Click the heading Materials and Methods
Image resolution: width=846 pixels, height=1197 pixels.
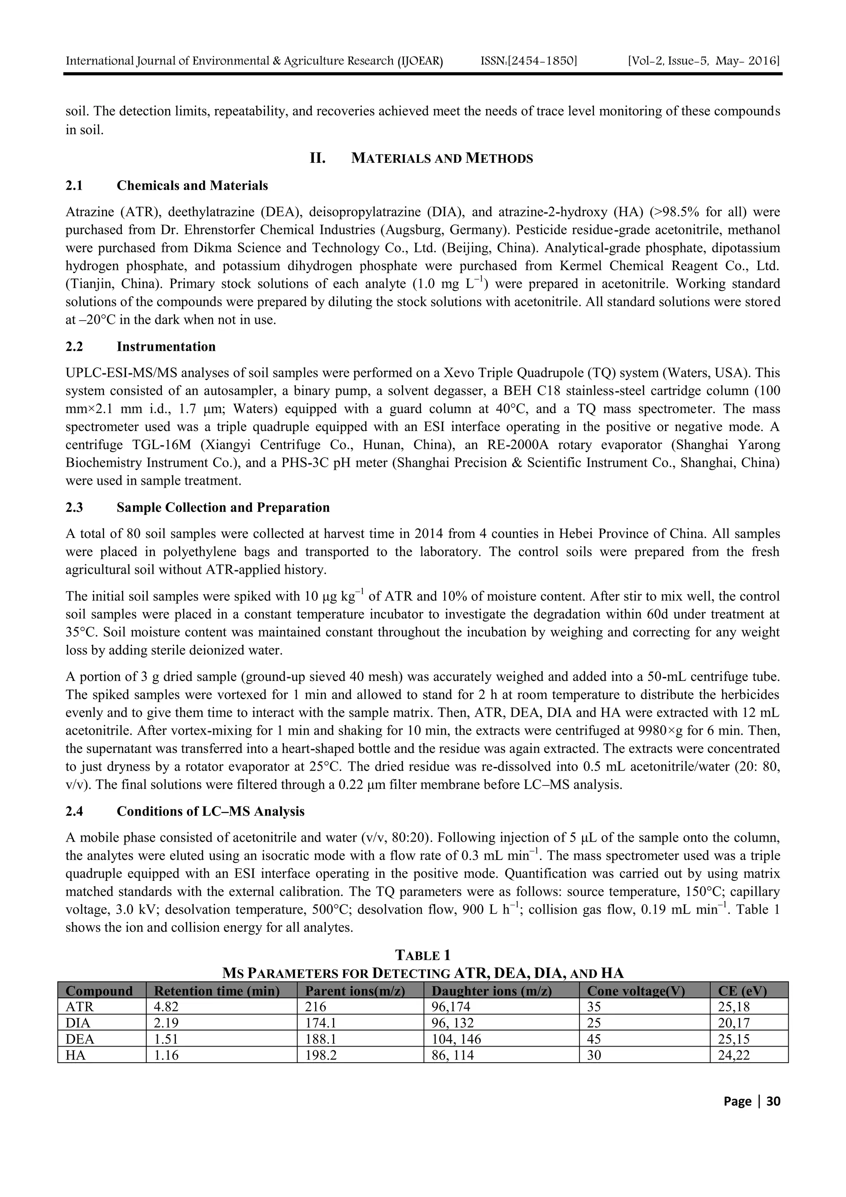[442, 159]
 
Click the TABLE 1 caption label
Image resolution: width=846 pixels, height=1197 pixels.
[422, 956]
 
